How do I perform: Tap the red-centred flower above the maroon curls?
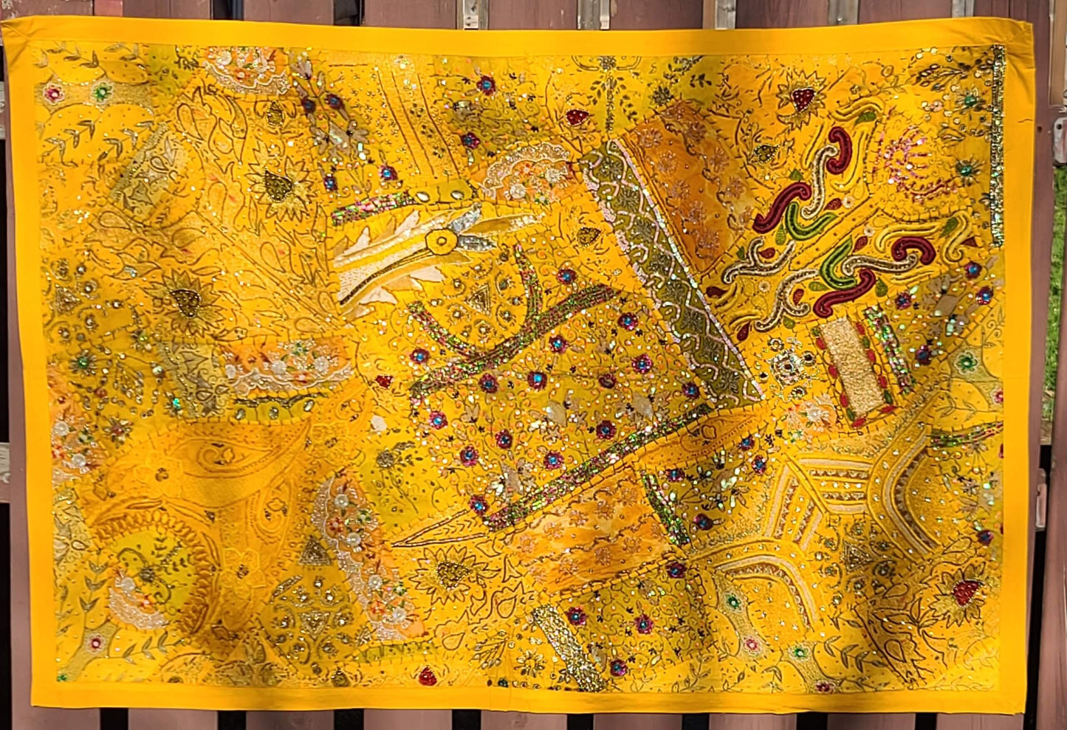[x=803, y=98]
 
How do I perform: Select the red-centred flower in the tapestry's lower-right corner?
[x=967, y=590]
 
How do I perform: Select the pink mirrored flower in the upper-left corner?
[x=53, y=93]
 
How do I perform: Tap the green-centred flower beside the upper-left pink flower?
[x=101, y=92]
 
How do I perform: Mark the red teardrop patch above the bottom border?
[x=427, y=675]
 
